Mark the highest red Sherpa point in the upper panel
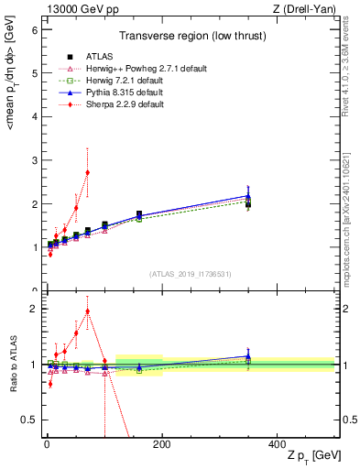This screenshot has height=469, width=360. pyautogui.click(x=87, y=172)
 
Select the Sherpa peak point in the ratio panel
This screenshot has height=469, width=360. pyautogui.click(x=87, y=311)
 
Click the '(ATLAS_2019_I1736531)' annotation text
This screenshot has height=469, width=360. pyautogui.click(x=190, y=274)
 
